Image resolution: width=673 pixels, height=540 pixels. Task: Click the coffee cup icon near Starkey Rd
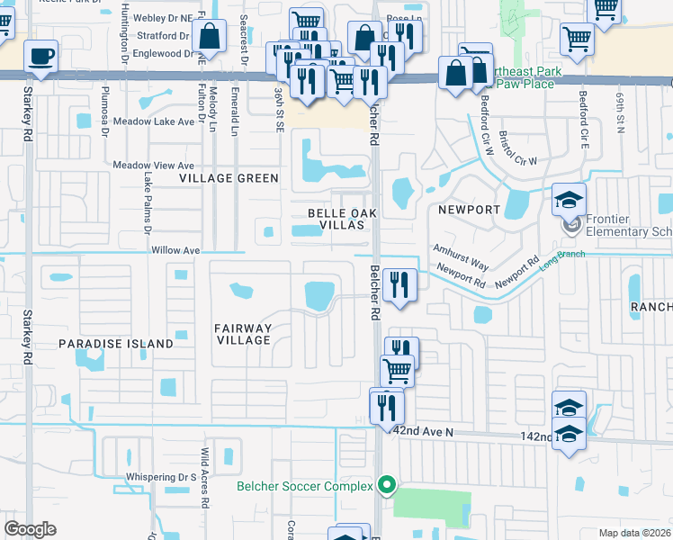coord(41,57)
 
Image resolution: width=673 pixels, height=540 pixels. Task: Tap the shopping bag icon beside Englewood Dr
coord(209,39)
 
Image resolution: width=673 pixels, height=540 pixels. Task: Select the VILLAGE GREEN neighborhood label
coord(229,178)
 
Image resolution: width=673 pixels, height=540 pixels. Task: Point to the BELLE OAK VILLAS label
coord(336,219)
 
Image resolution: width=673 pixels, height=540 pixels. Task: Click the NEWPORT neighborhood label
coord(468,210)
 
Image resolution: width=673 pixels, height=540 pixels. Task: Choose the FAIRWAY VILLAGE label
coord(243,334)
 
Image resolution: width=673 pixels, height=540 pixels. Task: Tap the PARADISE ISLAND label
coord(116,344)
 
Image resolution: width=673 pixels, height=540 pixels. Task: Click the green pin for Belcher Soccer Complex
coord(387,486)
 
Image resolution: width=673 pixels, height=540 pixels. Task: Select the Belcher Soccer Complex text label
coord(304,487)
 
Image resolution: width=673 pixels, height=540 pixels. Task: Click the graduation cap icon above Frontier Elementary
coord(569,200)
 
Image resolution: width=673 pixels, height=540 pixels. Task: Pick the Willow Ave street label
coord(150,250)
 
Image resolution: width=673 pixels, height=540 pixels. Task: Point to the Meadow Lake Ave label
coord(154,121)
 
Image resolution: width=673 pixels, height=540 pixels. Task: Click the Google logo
coord(31,529)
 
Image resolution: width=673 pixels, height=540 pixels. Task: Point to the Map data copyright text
coord(634,533)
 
